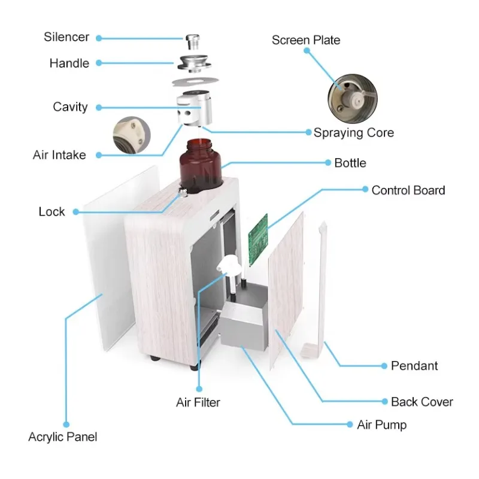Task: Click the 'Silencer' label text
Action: point(66,37)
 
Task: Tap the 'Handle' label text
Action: point(69,63)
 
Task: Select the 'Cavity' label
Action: point(70,107)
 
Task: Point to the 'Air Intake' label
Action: point(59,155)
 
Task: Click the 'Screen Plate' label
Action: point(305,40)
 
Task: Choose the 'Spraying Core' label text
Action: point(353,132)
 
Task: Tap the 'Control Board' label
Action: point(408,190)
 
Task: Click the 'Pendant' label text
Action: point(414,366)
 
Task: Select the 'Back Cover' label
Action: point(422,402)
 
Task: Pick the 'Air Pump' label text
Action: point(381,425)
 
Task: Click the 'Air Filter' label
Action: point(198,402)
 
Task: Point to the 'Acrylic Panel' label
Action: point(62,437)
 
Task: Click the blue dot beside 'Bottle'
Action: point(328,162)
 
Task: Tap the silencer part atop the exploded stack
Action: point(192,44)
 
